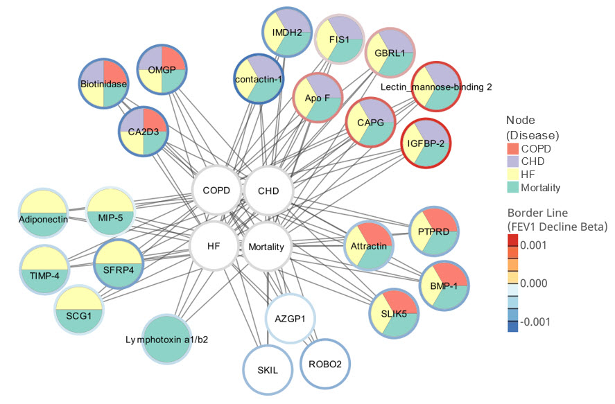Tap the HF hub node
point(214,245)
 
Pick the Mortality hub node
point(266,246)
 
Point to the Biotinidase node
point(103,83)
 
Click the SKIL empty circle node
point(267,369)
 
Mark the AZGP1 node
point(291,319)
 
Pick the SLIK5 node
point(394,314)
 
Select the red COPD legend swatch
point(513,148)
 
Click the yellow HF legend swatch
point(513,174)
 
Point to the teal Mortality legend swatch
point(513,187)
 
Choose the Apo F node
point(318,98)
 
